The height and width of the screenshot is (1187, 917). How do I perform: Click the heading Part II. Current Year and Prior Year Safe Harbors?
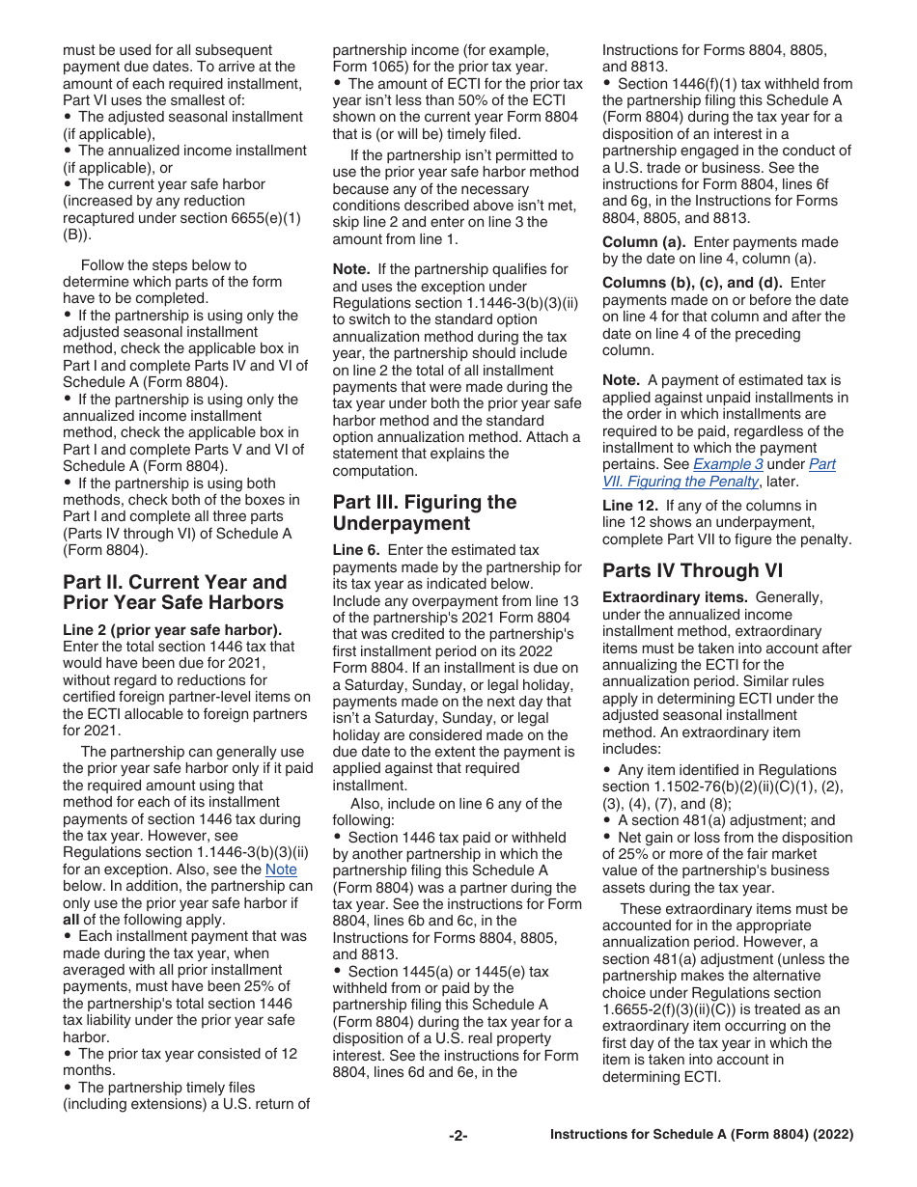tap(174, 593)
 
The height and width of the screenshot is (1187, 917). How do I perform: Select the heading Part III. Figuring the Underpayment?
tap(424, 512)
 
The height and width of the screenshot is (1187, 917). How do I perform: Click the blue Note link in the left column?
tap(281, 869)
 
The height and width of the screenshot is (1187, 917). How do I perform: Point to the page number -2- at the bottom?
tap(458, 1136)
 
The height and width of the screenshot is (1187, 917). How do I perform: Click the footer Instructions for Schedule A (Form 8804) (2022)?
tap(701, 1135)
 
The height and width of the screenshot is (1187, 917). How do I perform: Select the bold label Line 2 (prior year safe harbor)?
tap(179, 629)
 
